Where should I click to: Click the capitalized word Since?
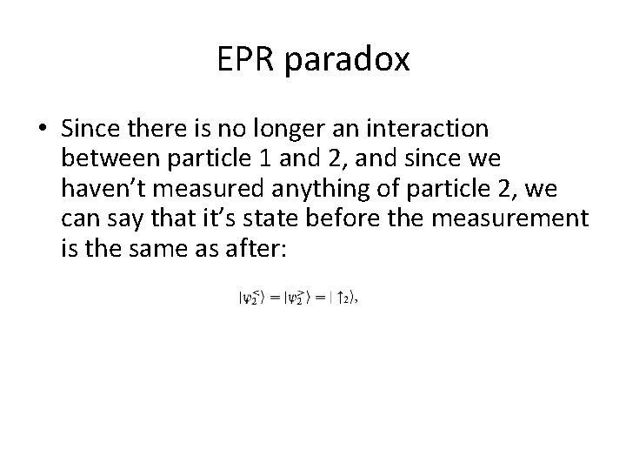tap(91, 130)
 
